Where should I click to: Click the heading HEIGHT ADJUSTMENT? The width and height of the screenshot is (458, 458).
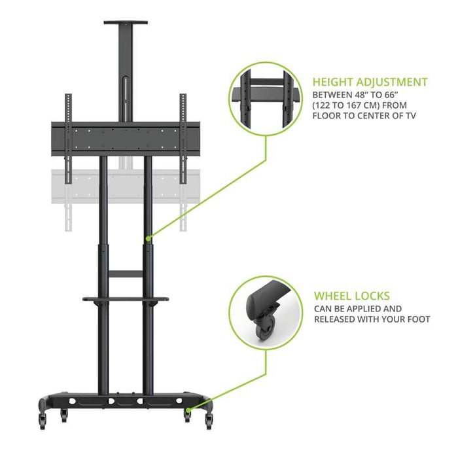(x=370, y=82)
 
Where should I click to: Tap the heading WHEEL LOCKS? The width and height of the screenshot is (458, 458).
(x=352, y=296)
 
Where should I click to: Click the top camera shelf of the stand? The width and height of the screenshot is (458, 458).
(x=126, y=22)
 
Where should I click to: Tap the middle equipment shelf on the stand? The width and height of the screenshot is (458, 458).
(x=126, y=299)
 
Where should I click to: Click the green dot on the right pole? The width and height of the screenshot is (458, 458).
(x=149, y=239)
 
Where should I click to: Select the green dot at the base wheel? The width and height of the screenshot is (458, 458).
(x=188, y=410)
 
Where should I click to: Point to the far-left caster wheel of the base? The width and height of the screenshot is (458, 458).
(x=43, y=421)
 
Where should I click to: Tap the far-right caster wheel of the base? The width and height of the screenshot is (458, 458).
(x=209, y=421)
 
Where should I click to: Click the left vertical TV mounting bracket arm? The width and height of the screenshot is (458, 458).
(x=68, y=139)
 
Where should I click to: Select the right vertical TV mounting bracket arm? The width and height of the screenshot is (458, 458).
(x=183, y=139)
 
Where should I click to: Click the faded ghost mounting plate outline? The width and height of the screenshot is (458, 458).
(x=126, y=187)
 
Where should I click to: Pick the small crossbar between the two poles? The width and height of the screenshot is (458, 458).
(x=126, y=274)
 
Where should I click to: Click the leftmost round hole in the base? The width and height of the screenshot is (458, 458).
(x=72, y=401)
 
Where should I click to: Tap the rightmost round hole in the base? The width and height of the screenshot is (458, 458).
(x=179, y=400)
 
